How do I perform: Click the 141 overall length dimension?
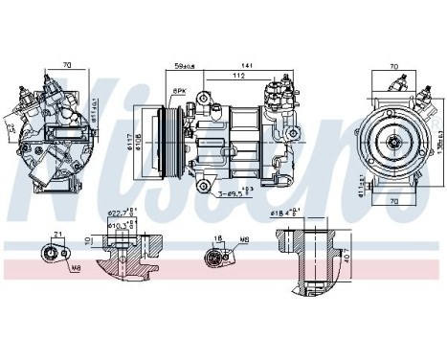coord(248,65)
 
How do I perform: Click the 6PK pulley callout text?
coord(179,90)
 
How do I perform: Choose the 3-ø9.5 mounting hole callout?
coord(229,194)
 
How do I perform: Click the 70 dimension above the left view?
coord(65,65)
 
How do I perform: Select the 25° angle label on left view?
coord(11,125)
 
